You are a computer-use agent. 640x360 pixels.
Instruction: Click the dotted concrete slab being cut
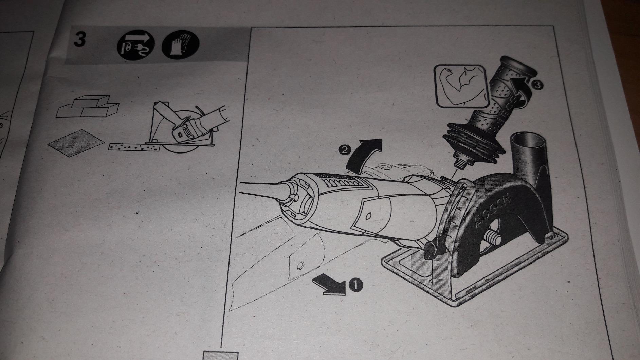[x=134, y=146]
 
